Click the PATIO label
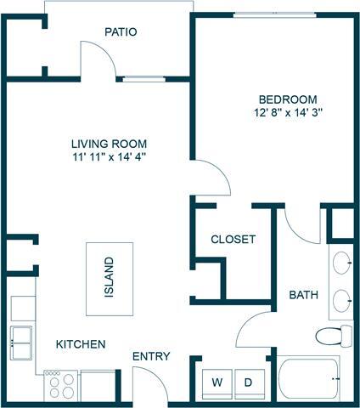121,31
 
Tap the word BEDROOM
286,99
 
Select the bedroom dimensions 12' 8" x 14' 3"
286,112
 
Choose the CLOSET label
233,240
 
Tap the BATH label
303,295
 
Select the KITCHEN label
81,344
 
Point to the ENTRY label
151,356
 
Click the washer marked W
216,382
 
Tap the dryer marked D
249,382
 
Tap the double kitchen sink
23,339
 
